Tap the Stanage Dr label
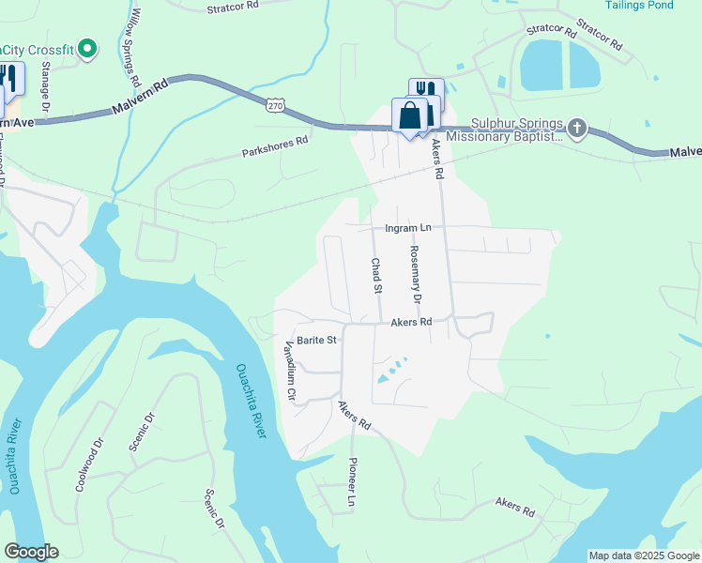tap(46, 84)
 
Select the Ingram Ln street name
tap(407, 228)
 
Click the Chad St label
tap(375, 276)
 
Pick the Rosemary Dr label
tap(414, 274)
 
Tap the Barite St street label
tap(316, 341)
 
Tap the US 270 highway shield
tap(274, 106)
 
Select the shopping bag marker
tap(410, 117)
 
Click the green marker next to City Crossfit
tap(87, 48)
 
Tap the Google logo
tap(31, 552)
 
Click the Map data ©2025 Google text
tap(643, 555)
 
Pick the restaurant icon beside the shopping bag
tap(427, 90)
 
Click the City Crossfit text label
tap(38, 49)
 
